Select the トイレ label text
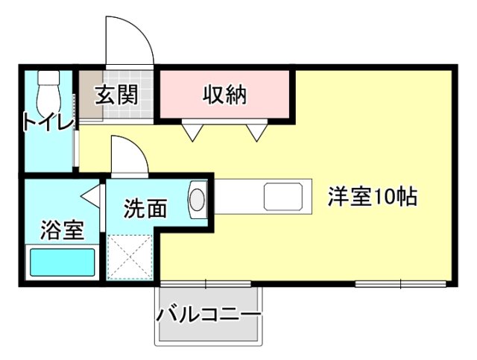pos(48,121)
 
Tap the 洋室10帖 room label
pos(372,198)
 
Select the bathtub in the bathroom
pos(62,263)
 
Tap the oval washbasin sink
pos(197,200)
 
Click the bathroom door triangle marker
pos(92,198)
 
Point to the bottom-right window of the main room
pos(400,283)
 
